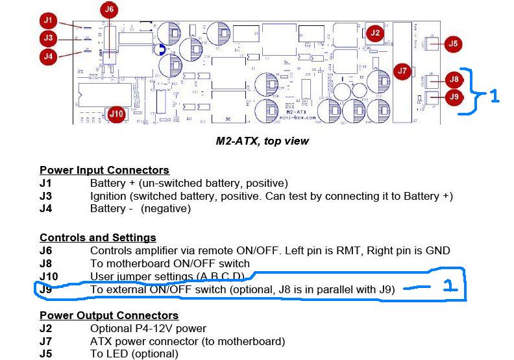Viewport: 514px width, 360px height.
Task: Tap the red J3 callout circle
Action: click(x=48, y=38)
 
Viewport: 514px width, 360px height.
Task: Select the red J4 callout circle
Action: click(x=48, y=56)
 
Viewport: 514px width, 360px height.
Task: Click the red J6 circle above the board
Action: click(x=109, y=10)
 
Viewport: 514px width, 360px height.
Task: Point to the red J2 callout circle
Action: click(x=374, y=33)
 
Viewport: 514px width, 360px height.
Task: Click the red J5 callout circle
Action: click(x=452, y=44)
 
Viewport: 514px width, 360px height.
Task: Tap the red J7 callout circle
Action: click(x=402, y=71)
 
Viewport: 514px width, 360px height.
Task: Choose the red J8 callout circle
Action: click(x=454, y=80)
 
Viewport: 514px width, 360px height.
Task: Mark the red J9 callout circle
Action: click(x=454, y=97)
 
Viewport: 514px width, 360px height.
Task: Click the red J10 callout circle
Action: click(x=116, y=114)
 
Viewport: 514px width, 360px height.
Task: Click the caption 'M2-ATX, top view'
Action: click(x=262, y=141)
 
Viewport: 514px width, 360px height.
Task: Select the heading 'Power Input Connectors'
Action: click(x=104, y=171)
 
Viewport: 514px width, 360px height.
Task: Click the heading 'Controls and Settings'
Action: click(x=98, y=238)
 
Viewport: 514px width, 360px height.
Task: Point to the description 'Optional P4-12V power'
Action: click(x=148, y=328)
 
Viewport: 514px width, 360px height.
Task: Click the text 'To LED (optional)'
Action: click(x=134, y=354)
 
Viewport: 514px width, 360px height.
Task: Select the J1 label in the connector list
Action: click(x=45, y=184)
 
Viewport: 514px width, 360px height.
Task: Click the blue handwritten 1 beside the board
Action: click(x=495, y=96)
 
